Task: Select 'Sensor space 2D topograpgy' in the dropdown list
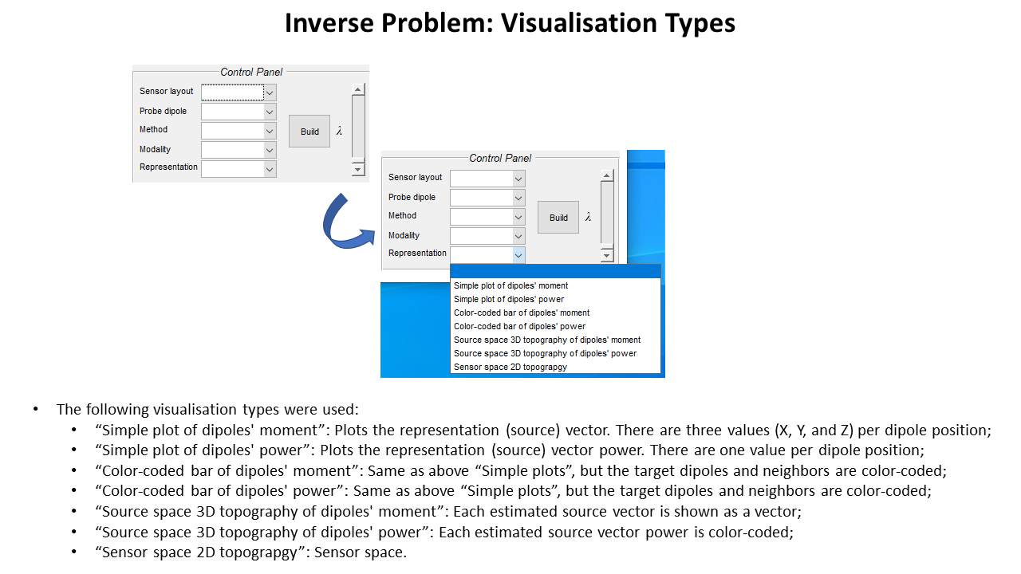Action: coord(510,367)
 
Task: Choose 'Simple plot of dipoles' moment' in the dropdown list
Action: coord(511,285)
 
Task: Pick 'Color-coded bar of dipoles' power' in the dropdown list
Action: coord(519,326)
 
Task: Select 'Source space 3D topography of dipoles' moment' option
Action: coord(547,340)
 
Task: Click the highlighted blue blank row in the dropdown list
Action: coord(555,271)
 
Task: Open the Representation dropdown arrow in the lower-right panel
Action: coord(518,255)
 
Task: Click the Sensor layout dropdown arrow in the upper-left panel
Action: coord(270,92)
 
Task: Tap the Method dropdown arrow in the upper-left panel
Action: coord(270,131)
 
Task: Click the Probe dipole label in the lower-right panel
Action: coord(412,197)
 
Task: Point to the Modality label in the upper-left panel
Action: coord(155,149)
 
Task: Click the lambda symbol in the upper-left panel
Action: coord(339,131)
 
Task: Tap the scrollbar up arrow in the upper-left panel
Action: coord(358,90)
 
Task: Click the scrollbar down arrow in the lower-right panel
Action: coord(607,255)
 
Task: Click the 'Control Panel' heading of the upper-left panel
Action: coord(251,72)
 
